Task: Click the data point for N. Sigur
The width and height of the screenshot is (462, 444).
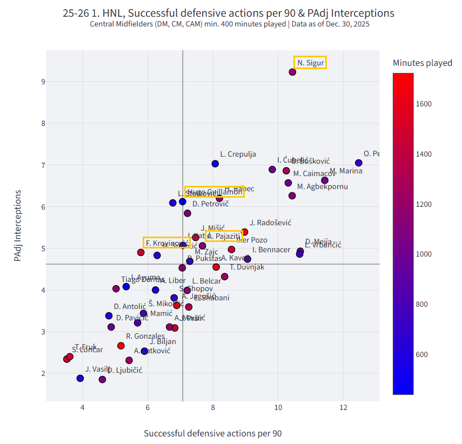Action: [x=292, y=72]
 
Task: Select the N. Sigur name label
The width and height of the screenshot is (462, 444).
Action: [x=310, y=63]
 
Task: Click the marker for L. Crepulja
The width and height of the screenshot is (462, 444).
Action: [x=215, y=164]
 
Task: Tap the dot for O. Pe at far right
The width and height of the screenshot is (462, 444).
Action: [x=359, y=163]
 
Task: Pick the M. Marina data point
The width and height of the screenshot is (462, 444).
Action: [x=325, y=180]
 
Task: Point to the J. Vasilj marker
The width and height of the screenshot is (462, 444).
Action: [x=80, y=378]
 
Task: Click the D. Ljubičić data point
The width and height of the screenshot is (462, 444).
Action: [x=103, y=380]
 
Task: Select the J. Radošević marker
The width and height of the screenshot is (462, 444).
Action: [x=245, y=232]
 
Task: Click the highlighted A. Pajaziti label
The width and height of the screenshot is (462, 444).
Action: [x=223, y=236]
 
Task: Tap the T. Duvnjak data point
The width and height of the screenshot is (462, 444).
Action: [x=216, y=267]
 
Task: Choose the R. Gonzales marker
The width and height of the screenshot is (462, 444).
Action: [x=120, y=346]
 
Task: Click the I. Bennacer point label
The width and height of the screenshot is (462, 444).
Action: [x=272, y=250]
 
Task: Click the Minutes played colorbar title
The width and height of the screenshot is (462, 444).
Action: [x=422, y=63]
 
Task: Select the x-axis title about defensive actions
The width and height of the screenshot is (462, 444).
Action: [x=212, y=433]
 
